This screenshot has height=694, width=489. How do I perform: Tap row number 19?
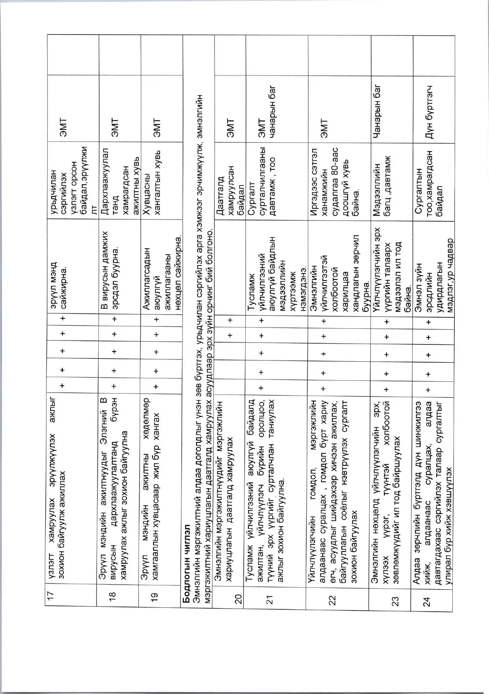pyautogui.click(x=155, y=597)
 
